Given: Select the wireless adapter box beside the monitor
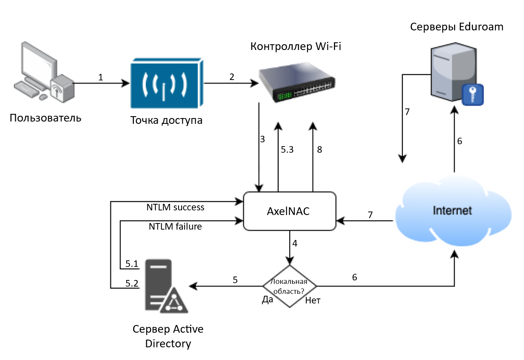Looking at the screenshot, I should (x=63, y=89).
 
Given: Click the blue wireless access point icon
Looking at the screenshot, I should (x=167, y=83).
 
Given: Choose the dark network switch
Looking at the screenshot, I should (x=296, y=81).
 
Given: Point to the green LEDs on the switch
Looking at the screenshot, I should (x=285, y=95).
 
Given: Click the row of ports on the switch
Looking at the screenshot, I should (x=313, y=89).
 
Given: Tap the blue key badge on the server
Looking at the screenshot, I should (x=472, y=94).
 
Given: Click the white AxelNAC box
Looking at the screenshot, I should (x=290, y=211).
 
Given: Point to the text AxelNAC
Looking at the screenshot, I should (x=288, y=211).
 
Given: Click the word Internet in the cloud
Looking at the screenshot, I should (x=452, y=210).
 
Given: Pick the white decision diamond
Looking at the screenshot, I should (x=290, y=286).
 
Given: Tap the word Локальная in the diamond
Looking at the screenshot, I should (x=289, y=282).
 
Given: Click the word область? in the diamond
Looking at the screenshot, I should (x=289, y=292).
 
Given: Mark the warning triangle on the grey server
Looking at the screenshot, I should (x=174, y=302).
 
